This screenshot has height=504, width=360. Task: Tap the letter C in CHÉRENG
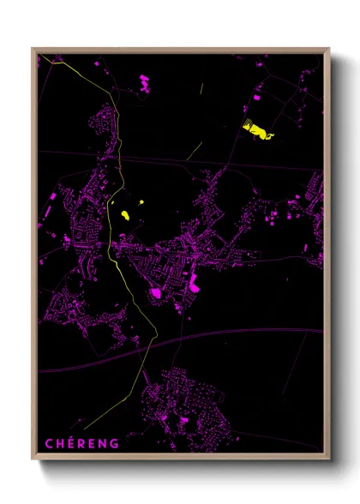(49, 443)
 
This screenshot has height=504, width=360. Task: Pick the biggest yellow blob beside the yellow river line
(125, 213)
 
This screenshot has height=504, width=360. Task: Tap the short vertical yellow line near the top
(201, 88)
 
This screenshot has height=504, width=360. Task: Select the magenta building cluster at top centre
(143, 83)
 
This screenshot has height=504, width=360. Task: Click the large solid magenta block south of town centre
(157, 294)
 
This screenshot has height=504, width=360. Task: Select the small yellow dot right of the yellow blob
(140, 204)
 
